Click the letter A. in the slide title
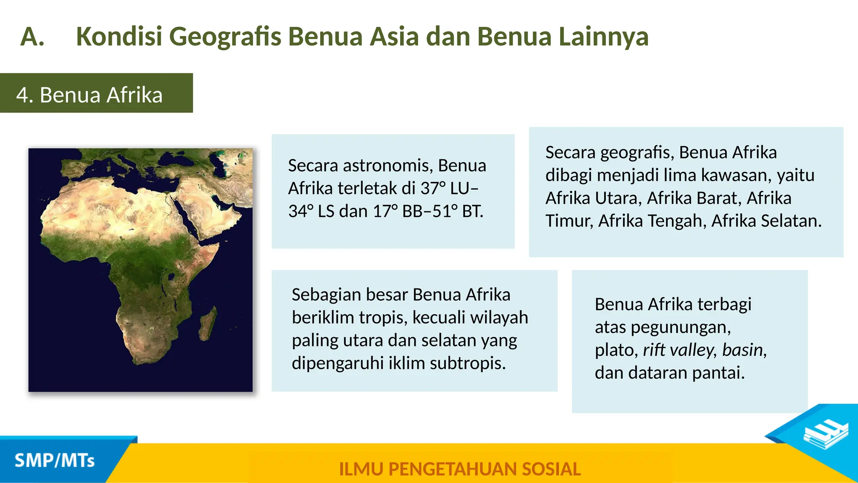[32, 37]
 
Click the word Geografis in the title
[225, 37]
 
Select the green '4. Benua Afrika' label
[96, 93]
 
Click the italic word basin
[744, 350]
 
